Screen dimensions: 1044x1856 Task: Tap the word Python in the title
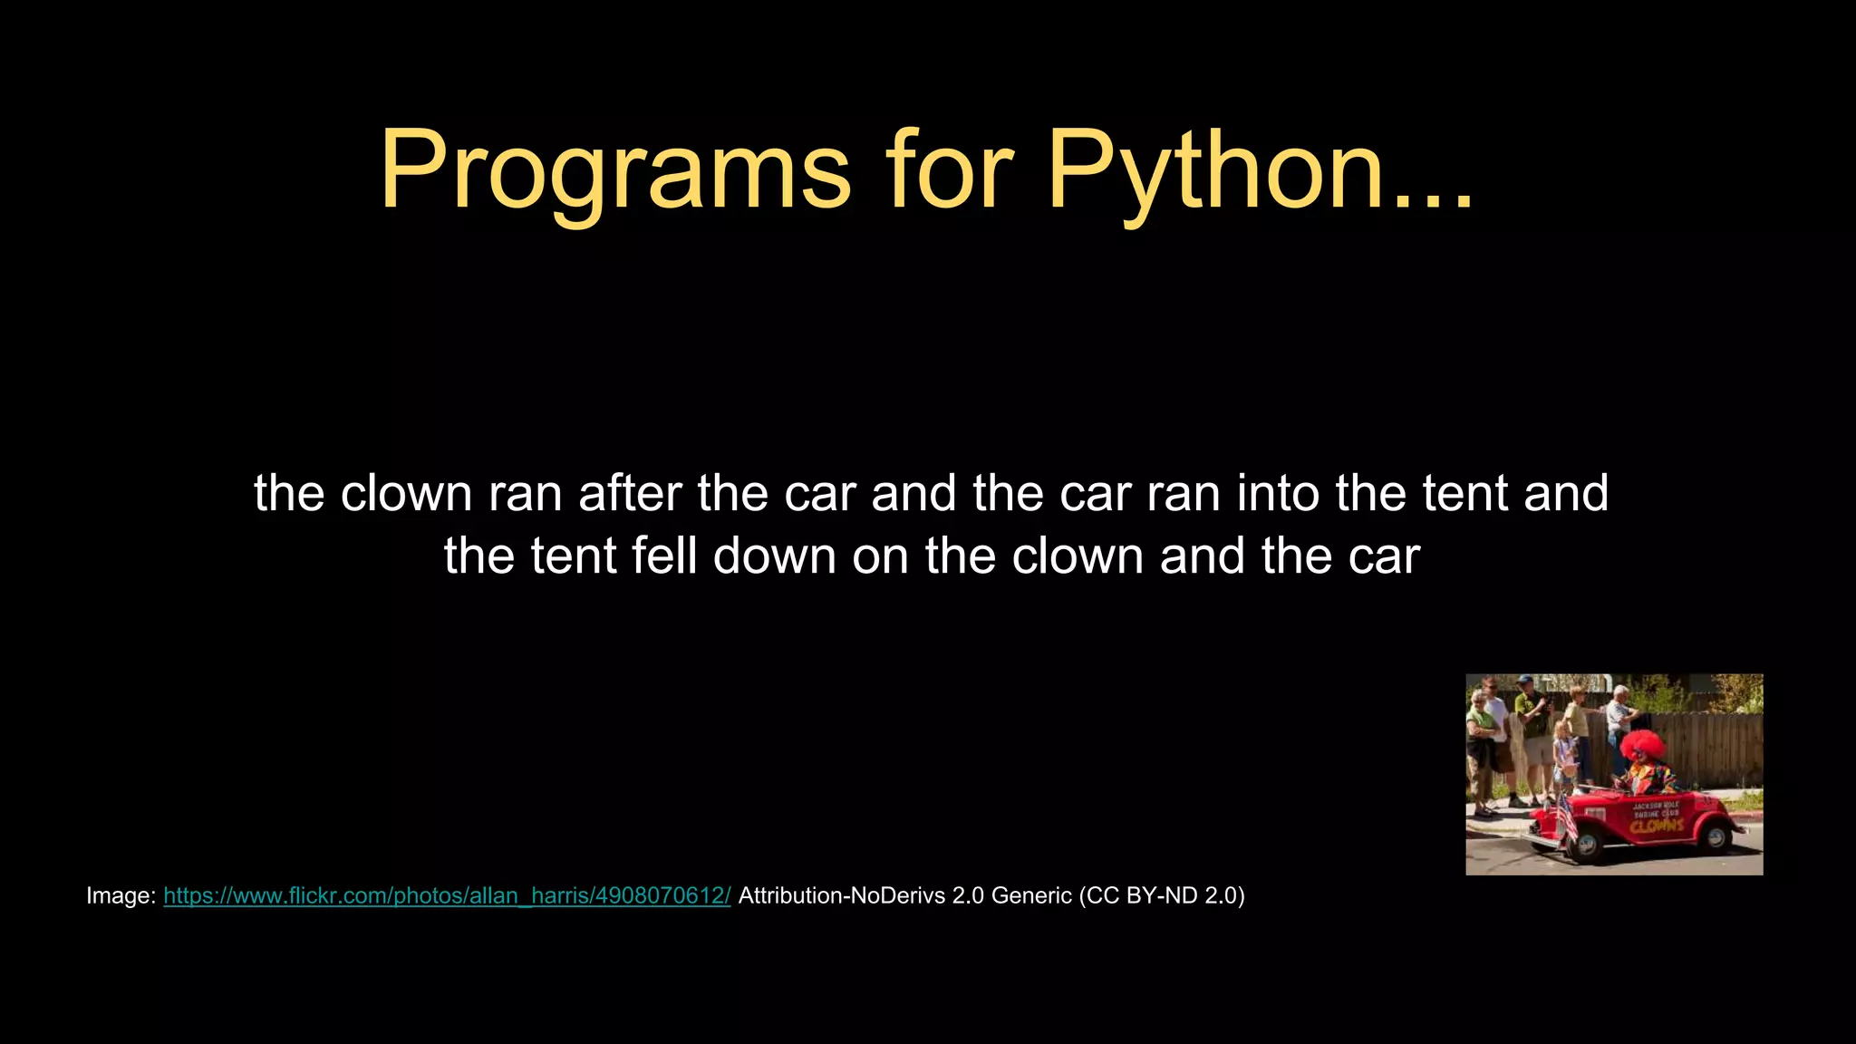point(1214,169)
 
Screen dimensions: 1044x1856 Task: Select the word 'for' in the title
point(949,169)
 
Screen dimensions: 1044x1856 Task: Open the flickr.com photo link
point(447,895)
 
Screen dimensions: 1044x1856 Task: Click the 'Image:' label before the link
point(121,895)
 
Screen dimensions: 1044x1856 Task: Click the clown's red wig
point(1643,745)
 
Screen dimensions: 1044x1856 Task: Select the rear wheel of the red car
point(1716,838)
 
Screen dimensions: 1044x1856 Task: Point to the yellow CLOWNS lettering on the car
point(1658,825)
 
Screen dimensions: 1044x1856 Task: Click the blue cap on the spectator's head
point(1524,680)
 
